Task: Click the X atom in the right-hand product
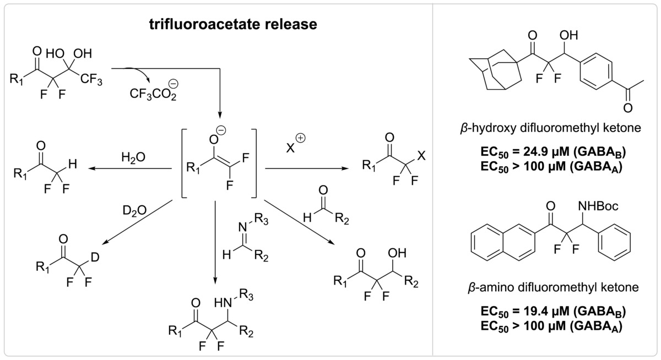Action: click(x=421, y=156)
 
